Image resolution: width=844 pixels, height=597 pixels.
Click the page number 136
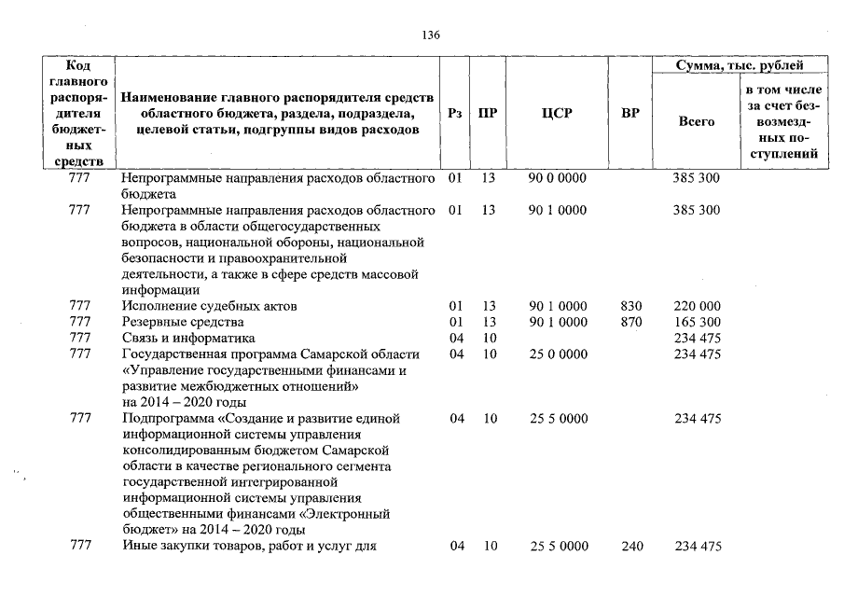point(430,35)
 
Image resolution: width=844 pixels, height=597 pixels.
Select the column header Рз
point(455,114)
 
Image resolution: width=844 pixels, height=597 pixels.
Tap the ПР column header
point(487,114)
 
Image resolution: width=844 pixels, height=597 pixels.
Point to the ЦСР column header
point(557,114)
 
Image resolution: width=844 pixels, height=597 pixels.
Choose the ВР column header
point(630,114)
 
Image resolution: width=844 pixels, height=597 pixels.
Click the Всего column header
point(697,122)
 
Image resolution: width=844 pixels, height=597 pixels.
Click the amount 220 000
point(697,306)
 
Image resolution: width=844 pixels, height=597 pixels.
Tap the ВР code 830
point(631,306)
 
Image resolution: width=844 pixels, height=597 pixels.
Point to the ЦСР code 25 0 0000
point(557,354)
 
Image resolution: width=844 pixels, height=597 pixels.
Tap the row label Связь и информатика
point(188,339)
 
